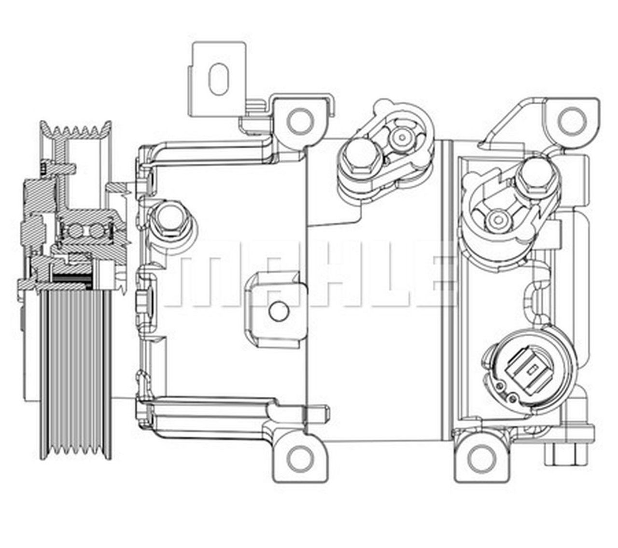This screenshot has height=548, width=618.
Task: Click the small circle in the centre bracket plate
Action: point(279,311)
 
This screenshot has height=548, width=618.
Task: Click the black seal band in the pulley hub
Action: point(72,279)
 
